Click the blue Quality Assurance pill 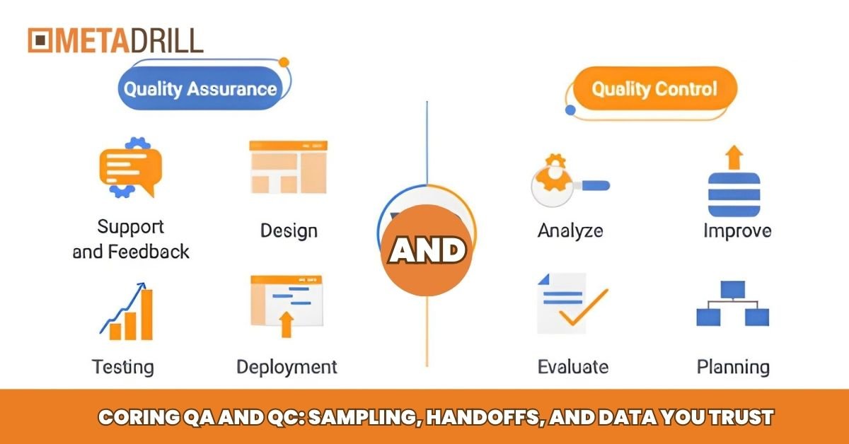click(200, 88)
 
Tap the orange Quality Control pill click(655, 88)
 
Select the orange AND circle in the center click(427, 251)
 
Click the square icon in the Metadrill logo click(40, 40)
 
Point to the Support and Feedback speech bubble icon click(130, 168)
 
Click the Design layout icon click(288, 167)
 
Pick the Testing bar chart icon click(127, 311)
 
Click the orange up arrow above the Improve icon click(734, 157)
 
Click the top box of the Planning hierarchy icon click(733, 290)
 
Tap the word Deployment click(287, 367)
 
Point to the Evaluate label click(573, 367)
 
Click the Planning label click(734, 367)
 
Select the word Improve click(737, 230)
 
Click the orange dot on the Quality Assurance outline click(284, 62)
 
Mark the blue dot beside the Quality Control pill click(570, 110)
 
